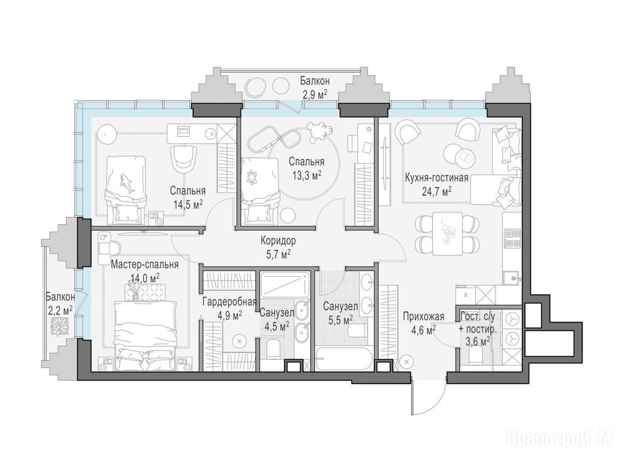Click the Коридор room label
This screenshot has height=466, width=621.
278,240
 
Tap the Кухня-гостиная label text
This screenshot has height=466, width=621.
437,178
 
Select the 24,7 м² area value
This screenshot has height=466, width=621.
437,192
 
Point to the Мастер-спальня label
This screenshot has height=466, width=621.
144,264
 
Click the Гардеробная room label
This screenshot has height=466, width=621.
229,302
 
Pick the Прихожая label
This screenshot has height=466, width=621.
424,316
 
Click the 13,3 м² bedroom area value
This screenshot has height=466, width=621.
306,175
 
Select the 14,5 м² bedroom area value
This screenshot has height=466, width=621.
188,204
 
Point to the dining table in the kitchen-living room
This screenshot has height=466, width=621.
448,234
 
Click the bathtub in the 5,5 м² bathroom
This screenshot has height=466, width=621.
344,359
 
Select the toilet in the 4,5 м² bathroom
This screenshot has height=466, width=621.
272,351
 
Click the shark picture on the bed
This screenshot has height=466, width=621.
127,181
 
